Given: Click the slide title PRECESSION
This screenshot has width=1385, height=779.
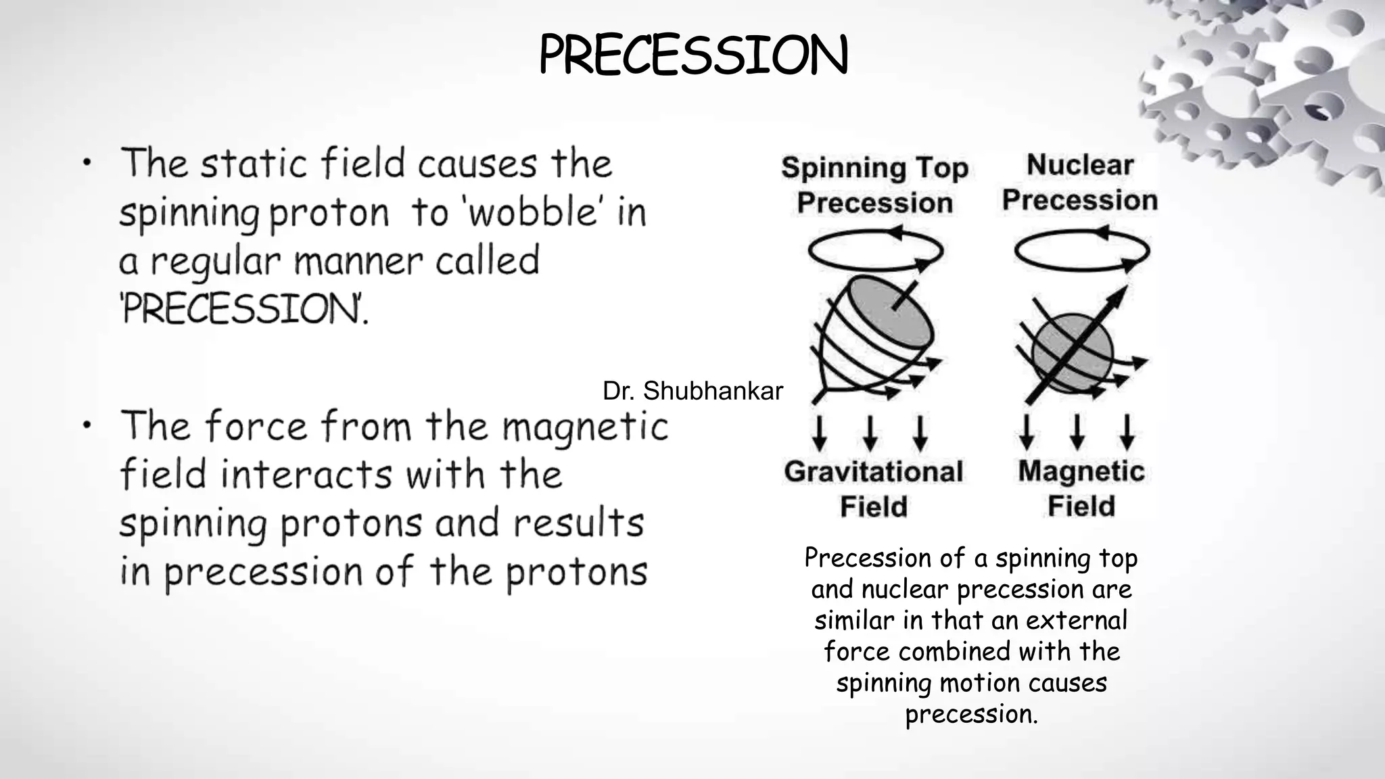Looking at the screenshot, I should [693, 55].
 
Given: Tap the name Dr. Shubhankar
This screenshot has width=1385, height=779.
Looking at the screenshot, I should [692, 391].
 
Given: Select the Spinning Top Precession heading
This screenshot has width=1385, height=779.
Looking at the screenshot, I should [874, 185].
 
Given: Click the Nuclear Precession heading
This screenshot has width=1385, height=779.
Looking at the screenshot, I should [1079, 183].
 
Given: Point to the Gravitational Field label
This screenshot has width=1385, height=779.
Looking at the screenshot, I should [873, 489].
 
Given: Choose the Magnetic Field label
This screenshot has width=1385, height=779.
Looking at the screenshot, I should [1081, 488].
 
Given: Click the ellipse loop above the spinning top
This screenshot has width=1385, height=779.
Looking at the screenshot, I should [875, 251].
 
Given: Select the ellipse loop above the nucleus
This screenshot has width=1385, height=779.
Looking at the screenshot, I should [1081, 251].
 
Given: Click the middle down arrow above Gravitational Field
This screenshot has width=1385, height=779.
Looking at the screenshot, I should [870, 433].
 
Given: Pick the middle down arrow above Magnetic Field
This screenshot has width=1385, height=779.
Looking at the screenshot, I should [1077, 433].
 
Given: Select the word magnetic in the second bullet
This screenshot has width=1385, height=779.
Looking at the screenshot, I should [585, 427].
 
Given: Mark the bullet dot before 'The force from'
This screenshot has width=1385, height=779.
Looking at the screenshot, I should [87, 425].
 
